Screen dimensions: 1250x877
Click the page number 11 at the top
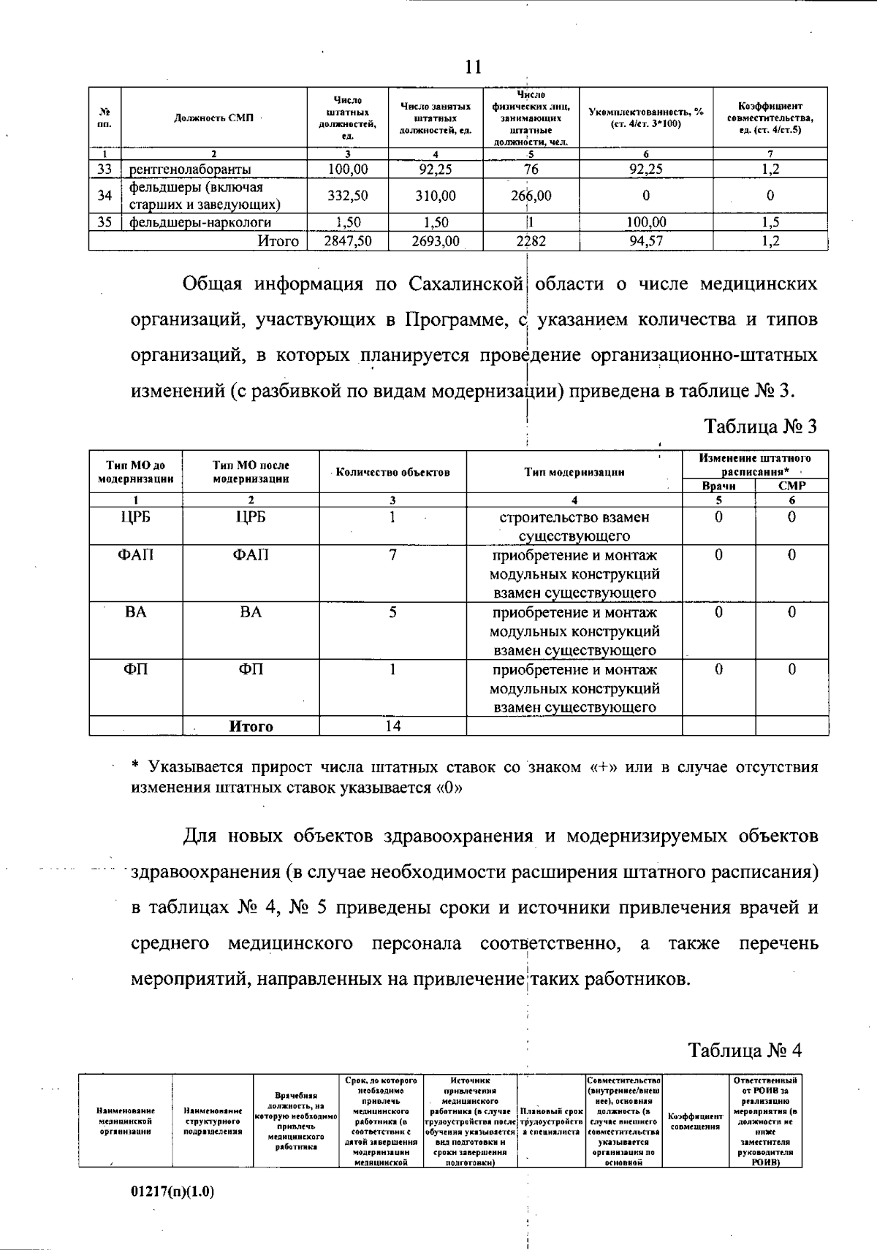pyautogui.click(x=473, y=67)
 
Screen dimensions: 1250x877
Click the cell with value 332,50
pyautogui.click(x=348, y=196)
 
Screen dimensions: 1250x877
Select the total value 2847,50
pyautogui.click(x=348, y=241)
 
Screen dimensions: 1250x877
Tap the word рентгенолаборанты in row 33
pyautogui.click(x=190, y=169)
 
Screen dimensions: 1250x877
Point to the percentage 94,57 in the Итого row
pyautogui.click(x=646, y=241)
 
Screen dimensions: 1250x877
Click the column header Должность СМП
pyautogui.click(x=213, y=118)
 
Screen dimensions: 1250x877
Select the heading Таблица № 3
pyautogui.click(x=760, y=427)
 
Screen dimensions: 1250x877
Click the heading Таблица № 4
pyautogui.click(x=745, y=1051)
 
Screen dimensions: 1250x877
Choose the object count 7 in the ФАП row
pyautogui.click(x=392, y=555)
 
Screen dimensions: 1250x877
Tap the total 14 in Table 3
pyautogui.click(x=392, y=726)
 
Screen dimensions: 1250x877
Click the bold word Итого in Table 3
pyautogui.click(x=251, y=727)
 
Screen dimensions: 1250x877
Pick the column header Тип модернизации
pyautogui.click(x=574, y=472)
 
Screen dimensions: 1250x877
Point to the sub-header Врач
pyautogui.click(x=718, y=486)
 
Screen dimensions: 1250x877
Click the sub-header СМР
pyautogui.click(x=791, y=486)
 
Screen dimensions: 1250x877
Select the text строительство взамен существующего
pyautogui.click(x=574, y=527)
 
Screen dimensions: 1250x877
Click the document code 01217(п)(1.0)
pyautogui.click(x=172, y=1192)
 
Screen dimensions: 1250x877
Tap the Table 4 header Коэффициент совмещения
pyautogui.click(x=695, y=1121)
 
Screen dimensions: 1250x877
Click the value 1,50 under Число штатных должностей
pyautogui.click(x=348, y=223)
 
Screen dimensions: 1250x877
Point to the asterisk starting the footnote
pyautogui.click(x=134, y=766)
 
